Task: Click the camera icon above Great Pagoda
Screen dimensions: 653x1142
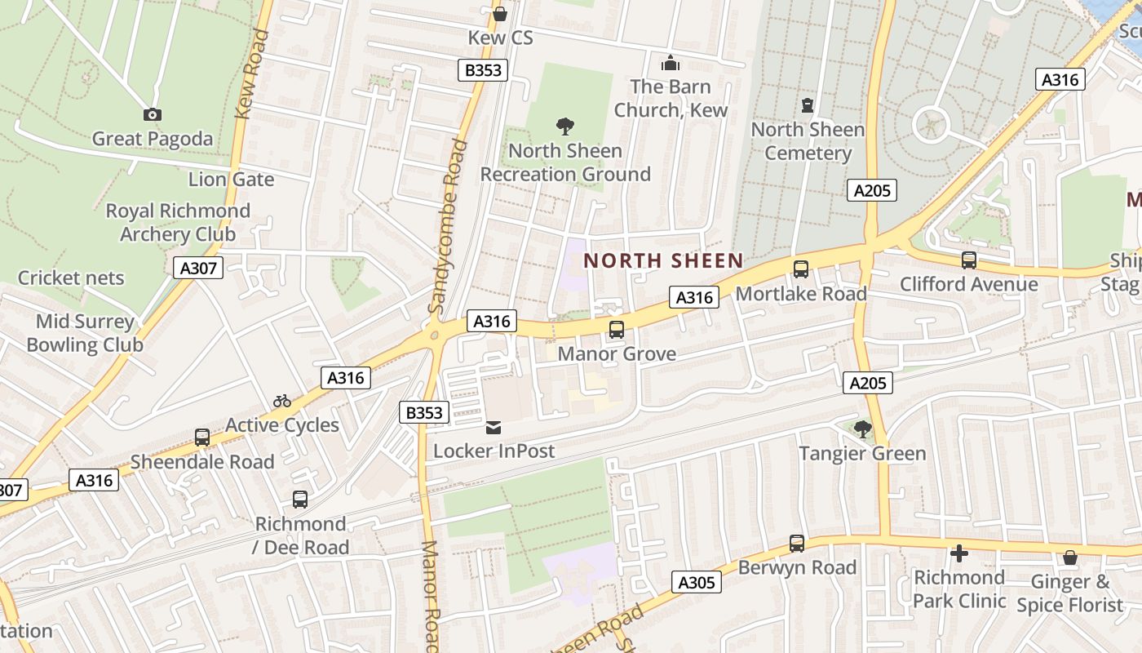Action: [152, 115]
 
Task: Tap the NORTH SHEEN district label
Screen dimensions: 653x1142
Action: [663, 261]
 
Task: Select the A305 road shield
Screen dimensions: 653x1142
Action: [697, 582]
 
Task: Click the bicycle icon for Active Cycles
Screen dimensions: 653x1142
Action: [282, 401]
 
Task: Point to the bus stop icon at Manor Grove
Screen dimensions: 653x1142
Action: [617, 330]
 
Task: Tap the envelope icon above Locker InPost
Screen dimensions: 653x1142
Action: [494, 428]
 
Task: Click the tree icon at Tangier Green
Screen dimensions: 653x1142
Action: [862, 429]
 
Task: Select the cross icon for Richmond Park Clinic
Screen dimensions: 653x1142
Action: [959, 553]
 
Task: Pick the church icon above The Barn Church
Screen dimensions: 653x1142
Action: [671, 63]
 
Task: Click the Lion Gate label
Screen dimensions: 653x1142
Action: [231, 179]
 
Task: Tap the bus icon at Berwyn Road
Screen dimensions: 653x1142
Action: [797, 544]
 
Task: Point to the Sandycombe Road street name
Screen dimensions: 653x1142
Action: [448, 227]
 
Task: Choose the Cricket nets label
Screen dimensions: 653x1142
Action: [71, 278]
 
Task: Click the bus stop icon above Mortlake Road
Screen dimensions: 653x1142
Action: [801, 269]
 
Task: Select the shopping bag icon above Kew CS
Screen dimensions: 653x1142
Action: [500, 14]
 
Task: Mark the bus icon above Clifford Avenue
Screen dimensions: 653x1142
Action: [969, 260]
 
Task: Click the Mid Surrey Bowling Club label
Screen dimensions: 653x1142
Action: [85, 333]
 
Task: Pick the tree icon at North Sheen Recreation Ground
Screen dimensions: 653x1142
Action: [564, 127]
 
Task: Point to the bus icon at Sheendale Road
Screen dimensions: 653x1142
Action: [202, 438]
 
